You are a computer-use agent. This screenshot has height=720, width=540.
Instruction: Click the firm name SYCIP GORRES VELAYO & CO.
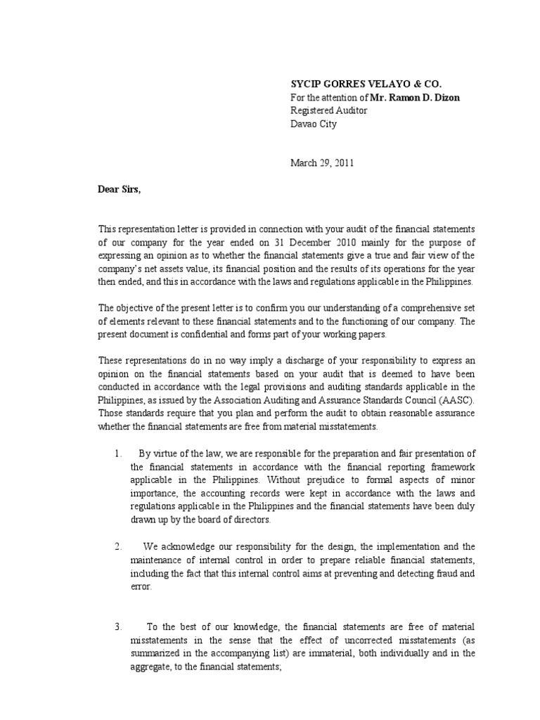coord(367,83)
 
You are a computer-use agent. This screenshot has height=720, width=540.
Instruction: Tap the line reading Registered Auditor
coord(329,110)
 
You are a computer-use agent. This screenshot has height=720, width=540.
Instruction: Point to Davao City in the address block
coord(314,124)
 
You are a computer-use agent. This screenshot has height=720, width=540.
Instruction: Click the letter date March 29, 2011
coord(323,162)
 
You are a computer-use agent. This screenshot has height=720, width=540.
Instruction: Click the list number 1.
coord(118,453)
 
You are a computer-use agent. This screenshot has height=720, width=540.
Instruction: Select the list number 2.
coord(118,546)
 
